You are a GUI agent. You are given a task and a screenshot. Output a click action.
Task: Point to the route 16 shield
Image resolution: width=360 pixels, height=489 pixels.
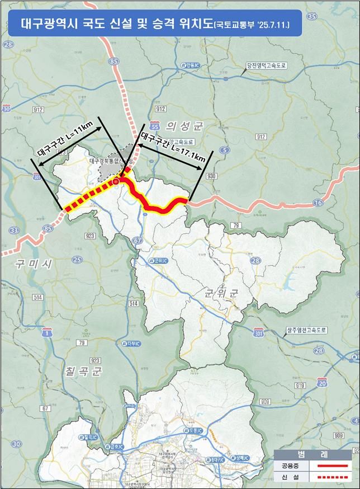(318, 203)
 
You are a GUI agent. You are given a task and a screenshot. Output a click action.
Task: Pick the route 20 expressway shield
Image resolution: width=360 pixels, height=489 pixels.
(322, 383)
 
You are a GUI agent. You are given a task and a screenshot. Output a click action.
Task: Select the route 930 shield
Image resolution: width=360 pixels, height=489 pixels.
(211, 176)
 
